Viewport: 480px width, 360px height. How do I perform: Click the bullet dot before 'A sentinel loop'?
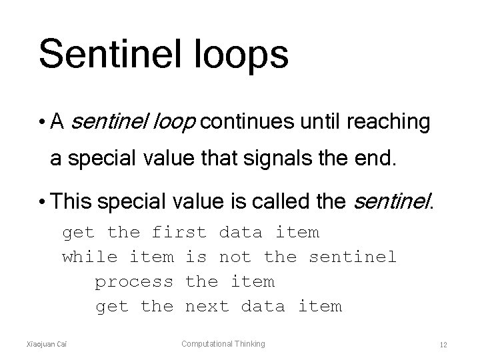(x=42, y=123)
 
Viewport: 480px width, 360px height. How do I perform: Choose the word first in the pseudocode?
(x=179, y=233)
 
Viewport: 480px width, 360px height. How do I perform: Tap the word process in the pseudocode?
(x=134, y=282)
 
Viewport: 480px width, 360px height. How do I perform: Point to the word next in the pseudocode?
(x=207, y=307)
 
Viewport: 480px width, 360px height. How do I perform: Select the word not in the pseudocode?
(x=235, y=257)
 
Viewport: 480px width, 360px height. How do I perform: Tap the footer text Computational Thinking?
(x=224, y=344)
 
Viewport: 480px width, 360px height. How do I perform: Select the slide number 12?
(x=443, y=345)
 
